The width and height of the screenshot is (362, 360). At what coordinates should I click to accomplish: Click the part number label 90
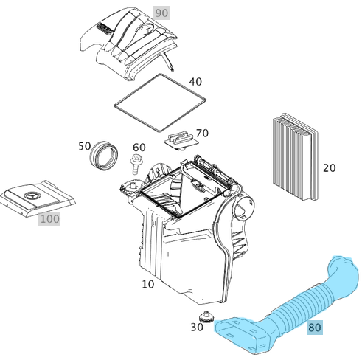(x=161, y=14)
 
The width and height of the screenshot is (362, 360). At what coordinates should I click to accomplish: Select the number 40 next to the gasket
(x=195, y=82)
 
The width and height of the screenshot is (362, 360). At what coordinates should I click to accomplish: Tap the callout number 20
(x=329, y=168)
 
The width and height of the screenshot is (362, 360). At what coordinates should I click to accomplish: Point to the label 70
(x=202, y=134)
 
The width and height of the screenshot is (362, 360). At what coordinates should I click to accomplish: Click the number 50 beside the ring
(x=85, y=146)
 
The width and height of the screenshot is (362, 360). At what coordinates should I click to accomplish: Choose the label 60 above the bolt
(x=139, y=148)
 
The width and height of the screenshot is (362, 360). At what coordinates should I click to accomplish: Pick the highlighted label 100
(x=49, y=219)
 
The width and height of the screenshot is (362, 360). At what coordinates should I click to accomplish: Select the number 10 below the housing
(x=147, y=284)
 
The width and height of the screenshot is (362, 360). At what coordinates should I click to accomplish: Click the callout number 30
(x=197, y=327)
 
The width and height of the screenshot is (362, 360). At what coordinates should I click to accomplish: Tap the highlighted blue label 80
(x=315, y=328)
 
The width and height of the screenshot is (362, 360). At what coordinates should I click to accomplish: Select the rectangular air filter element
(x=295, y=157)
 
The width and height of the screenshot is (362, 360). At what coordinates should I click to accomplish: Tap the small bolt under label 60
(x=136, y=164)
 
